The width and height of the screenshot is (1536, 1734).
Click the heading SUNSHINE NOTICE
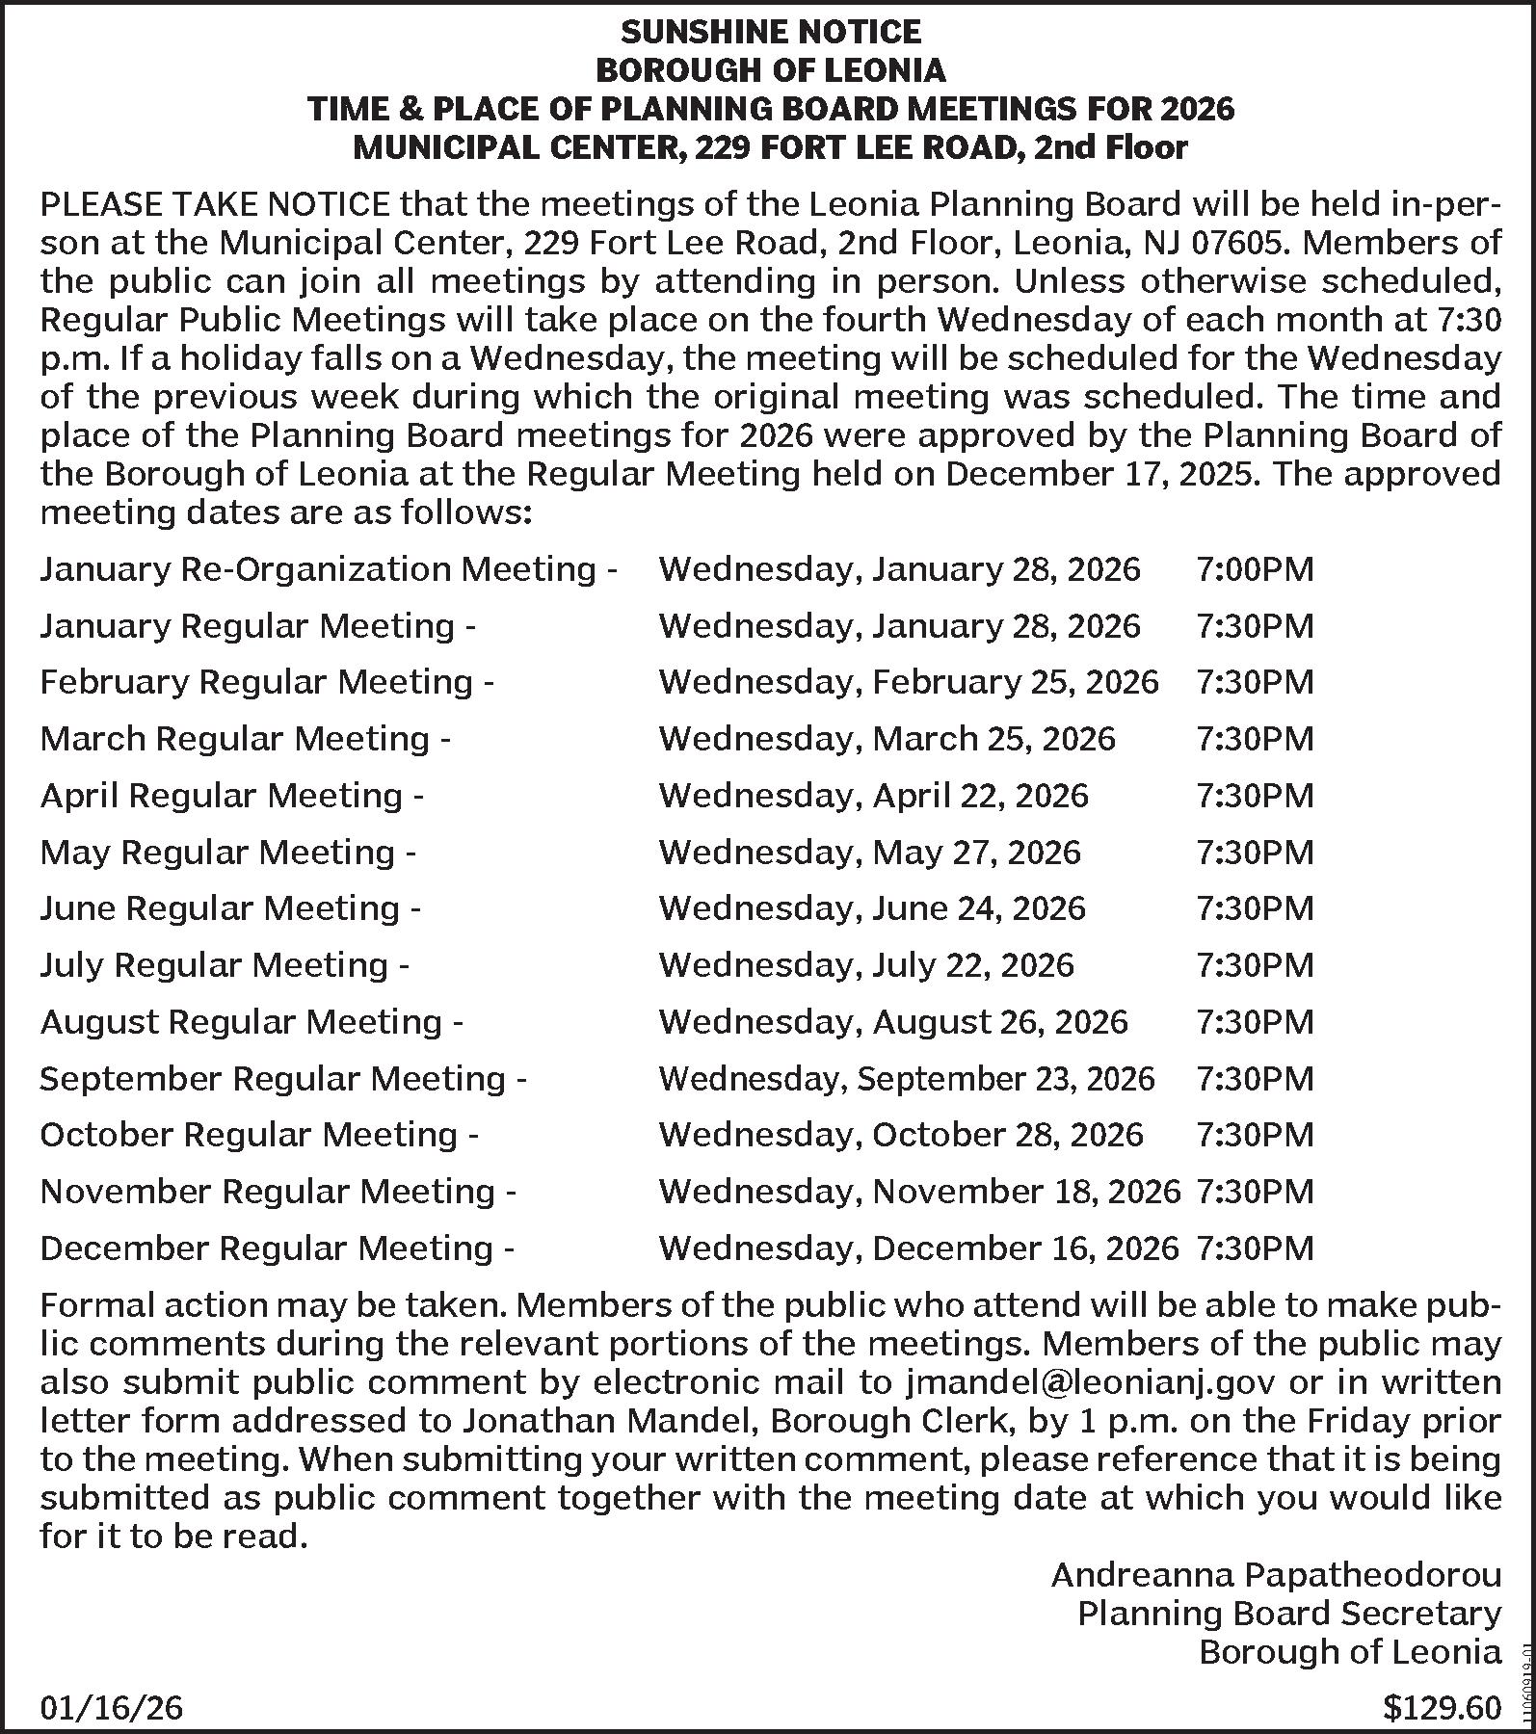coord(770,33)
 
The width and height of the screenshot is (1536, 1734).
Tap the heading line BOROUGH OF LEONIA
coord(770,71)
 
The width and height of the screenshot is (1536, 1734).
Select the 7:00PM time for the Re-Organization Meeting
coord(1255,569)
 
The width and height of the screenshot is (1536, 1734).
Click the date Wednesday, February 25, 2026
coord(908,682)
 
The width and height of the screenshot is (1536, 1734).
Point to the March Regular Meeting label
coord(245,739)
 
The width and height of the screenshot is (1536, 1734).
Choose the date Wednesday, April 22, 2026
coord(873,796)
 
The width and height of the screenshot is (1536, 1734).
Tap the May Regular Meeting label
coord(227,853)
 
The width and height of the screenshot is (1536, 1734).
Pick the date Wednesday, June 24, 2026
coord(871,908)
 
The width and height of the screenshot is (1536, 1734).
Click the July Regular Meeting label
coord(225,965)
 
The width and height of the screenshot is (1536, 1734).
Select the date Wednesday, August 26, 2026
coord(892,1022)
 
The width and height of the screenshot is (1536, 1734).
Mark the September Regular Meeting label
coord(282,1079)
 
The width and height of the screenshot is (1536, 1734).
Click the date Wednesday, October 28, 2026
coord(900,1135)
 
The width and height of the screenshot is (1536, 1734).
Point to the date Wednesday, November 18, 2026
coord(918,1192)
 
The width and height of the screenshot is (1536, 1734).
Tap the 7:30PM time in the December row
coord(1255,1248)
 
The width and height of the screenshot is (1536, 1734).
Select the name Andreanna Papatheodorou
coord(1275,1575)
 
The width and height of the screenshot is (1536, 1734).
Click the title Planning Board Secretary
coord(1288,1614)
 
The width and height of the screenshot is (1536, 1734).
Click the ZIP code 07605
coord(1237,243)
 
